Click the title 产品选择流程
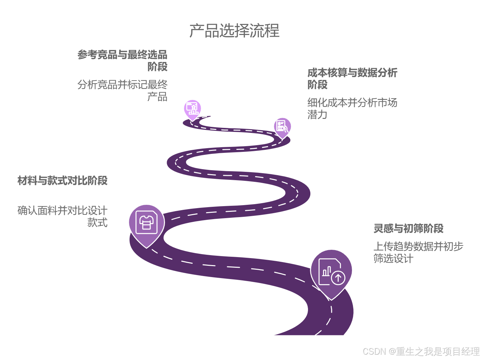pos(234,31)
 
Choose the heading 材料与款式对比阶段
pos(62,181)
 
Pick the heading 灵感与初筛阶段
pos(408,229)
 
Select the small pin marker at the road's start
pos(192,109)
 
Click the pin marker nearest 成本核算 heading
pos(282,127)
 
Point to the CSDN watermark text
pos(420,351)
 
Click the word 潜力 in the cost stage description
pos(317,115)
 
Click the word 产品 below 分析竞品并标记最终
pos(157,97)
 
